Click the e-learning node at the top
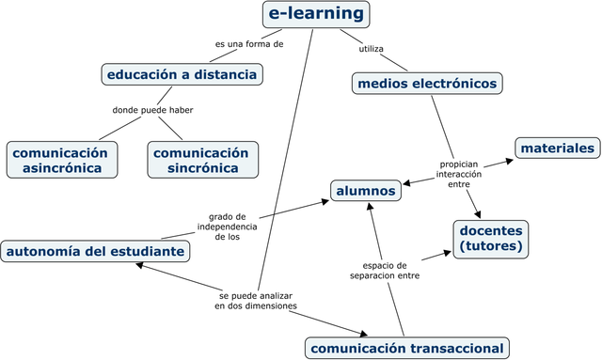pos(315,14)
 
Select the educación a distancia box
pos(182,73)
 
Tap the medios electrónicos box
pos(426,84)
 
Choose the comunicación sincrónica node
pos(200,160)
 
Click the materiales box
pos(558,148)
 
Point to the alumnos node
pos(367,191)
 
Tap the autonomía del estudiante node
pos(94,251)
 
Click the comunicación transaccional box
pos(406,349)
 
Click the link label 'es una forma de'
pos(248,43)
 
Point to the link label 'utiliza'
pos(371,49)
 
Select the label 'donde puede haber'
pos(152,110)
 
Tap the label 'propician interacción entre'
pos(458,174)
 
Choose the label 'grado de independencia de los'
pos(227,227)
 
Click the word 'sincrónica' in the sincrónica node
pos(202,168)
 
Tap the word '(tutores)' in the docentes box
pos(490,246)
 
